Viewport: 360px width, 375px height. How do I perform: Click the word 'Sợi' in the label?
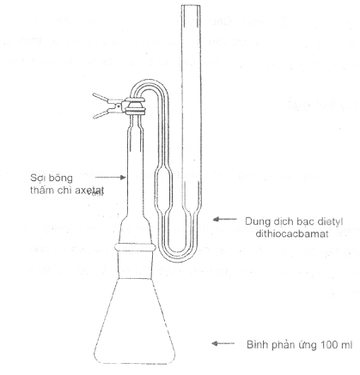[x=38, y=178]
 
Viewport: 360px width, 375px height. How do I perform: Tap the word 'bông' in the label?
[x=60, y=178]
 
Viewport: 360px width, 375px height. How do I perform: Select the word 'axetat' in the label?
[x=88, y=191]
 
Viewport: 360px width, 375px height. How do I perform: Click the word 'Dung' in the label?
[x=257, y=221]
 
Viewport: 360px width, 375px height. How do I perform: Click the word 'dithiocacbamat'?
[x=292, y=234]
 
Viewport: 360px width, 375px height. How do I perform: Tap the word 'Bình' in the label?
[x=255, y=344]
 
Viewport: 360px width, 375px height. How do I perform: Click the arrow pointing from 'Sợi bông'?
[x=110, y=178]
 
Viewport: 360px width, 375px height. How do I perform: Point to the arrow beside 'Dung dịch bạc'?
[x=225, y=219]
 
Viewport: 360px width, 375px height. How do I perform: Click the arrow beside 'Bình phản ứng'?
[x=223, y=343]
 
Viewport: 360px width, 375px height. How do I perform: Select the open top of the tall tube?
[x=192, y=6]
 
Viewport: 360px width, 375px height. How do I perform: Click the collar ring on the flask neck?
[x=135, y=247]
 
